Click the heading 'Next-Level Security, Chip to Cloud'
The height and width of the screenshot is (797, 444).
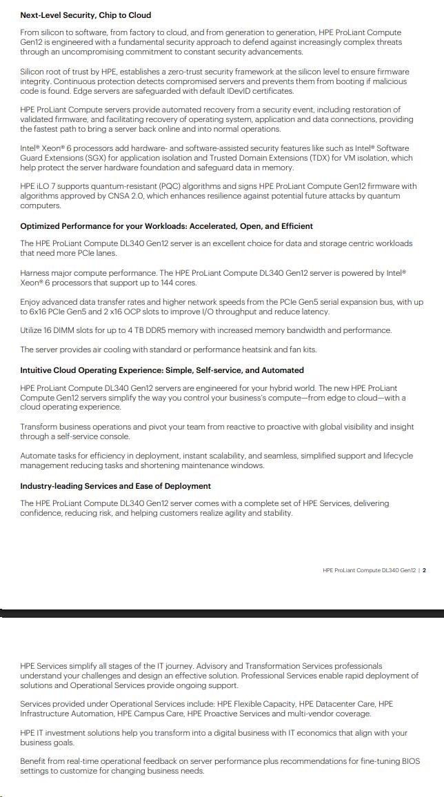tap(85, 14)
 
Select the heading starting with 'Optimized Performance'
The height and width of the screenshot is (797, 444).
tap(166, 226)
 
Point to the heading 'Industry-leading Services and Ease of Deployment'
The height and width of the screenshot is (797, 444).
tap(115, 486)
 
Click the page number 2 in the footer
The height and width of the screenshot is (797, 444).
tap(424, 570)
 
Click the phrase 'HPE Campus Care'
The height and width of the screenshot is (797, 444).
tap(146, 714)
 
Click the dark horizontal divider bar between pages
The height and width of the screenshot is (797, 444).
tap(222, 612)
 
